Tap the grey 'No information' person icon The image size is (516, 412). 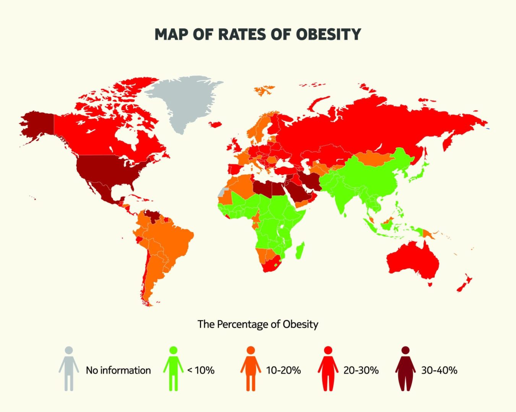click(69, 369)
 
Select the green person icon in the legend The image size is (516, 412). click(173, 369)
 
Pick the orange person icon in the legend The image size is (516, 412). click(251, 369)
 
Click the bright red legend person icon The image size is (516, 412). click(328, 369)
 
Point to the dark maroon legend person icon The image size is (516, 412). click(406, 369)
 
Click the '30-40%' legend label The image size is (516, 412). click(439, 370)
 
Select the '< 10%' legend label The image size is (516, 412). click(201, 370)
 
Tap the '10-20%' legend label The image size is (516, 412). click(284, 370)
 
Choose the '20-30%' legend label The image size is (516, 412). click(361, 370)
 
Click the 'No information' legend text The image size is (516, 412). click(118, 370)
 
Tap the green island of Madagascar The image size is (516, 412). click(300, 250)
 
